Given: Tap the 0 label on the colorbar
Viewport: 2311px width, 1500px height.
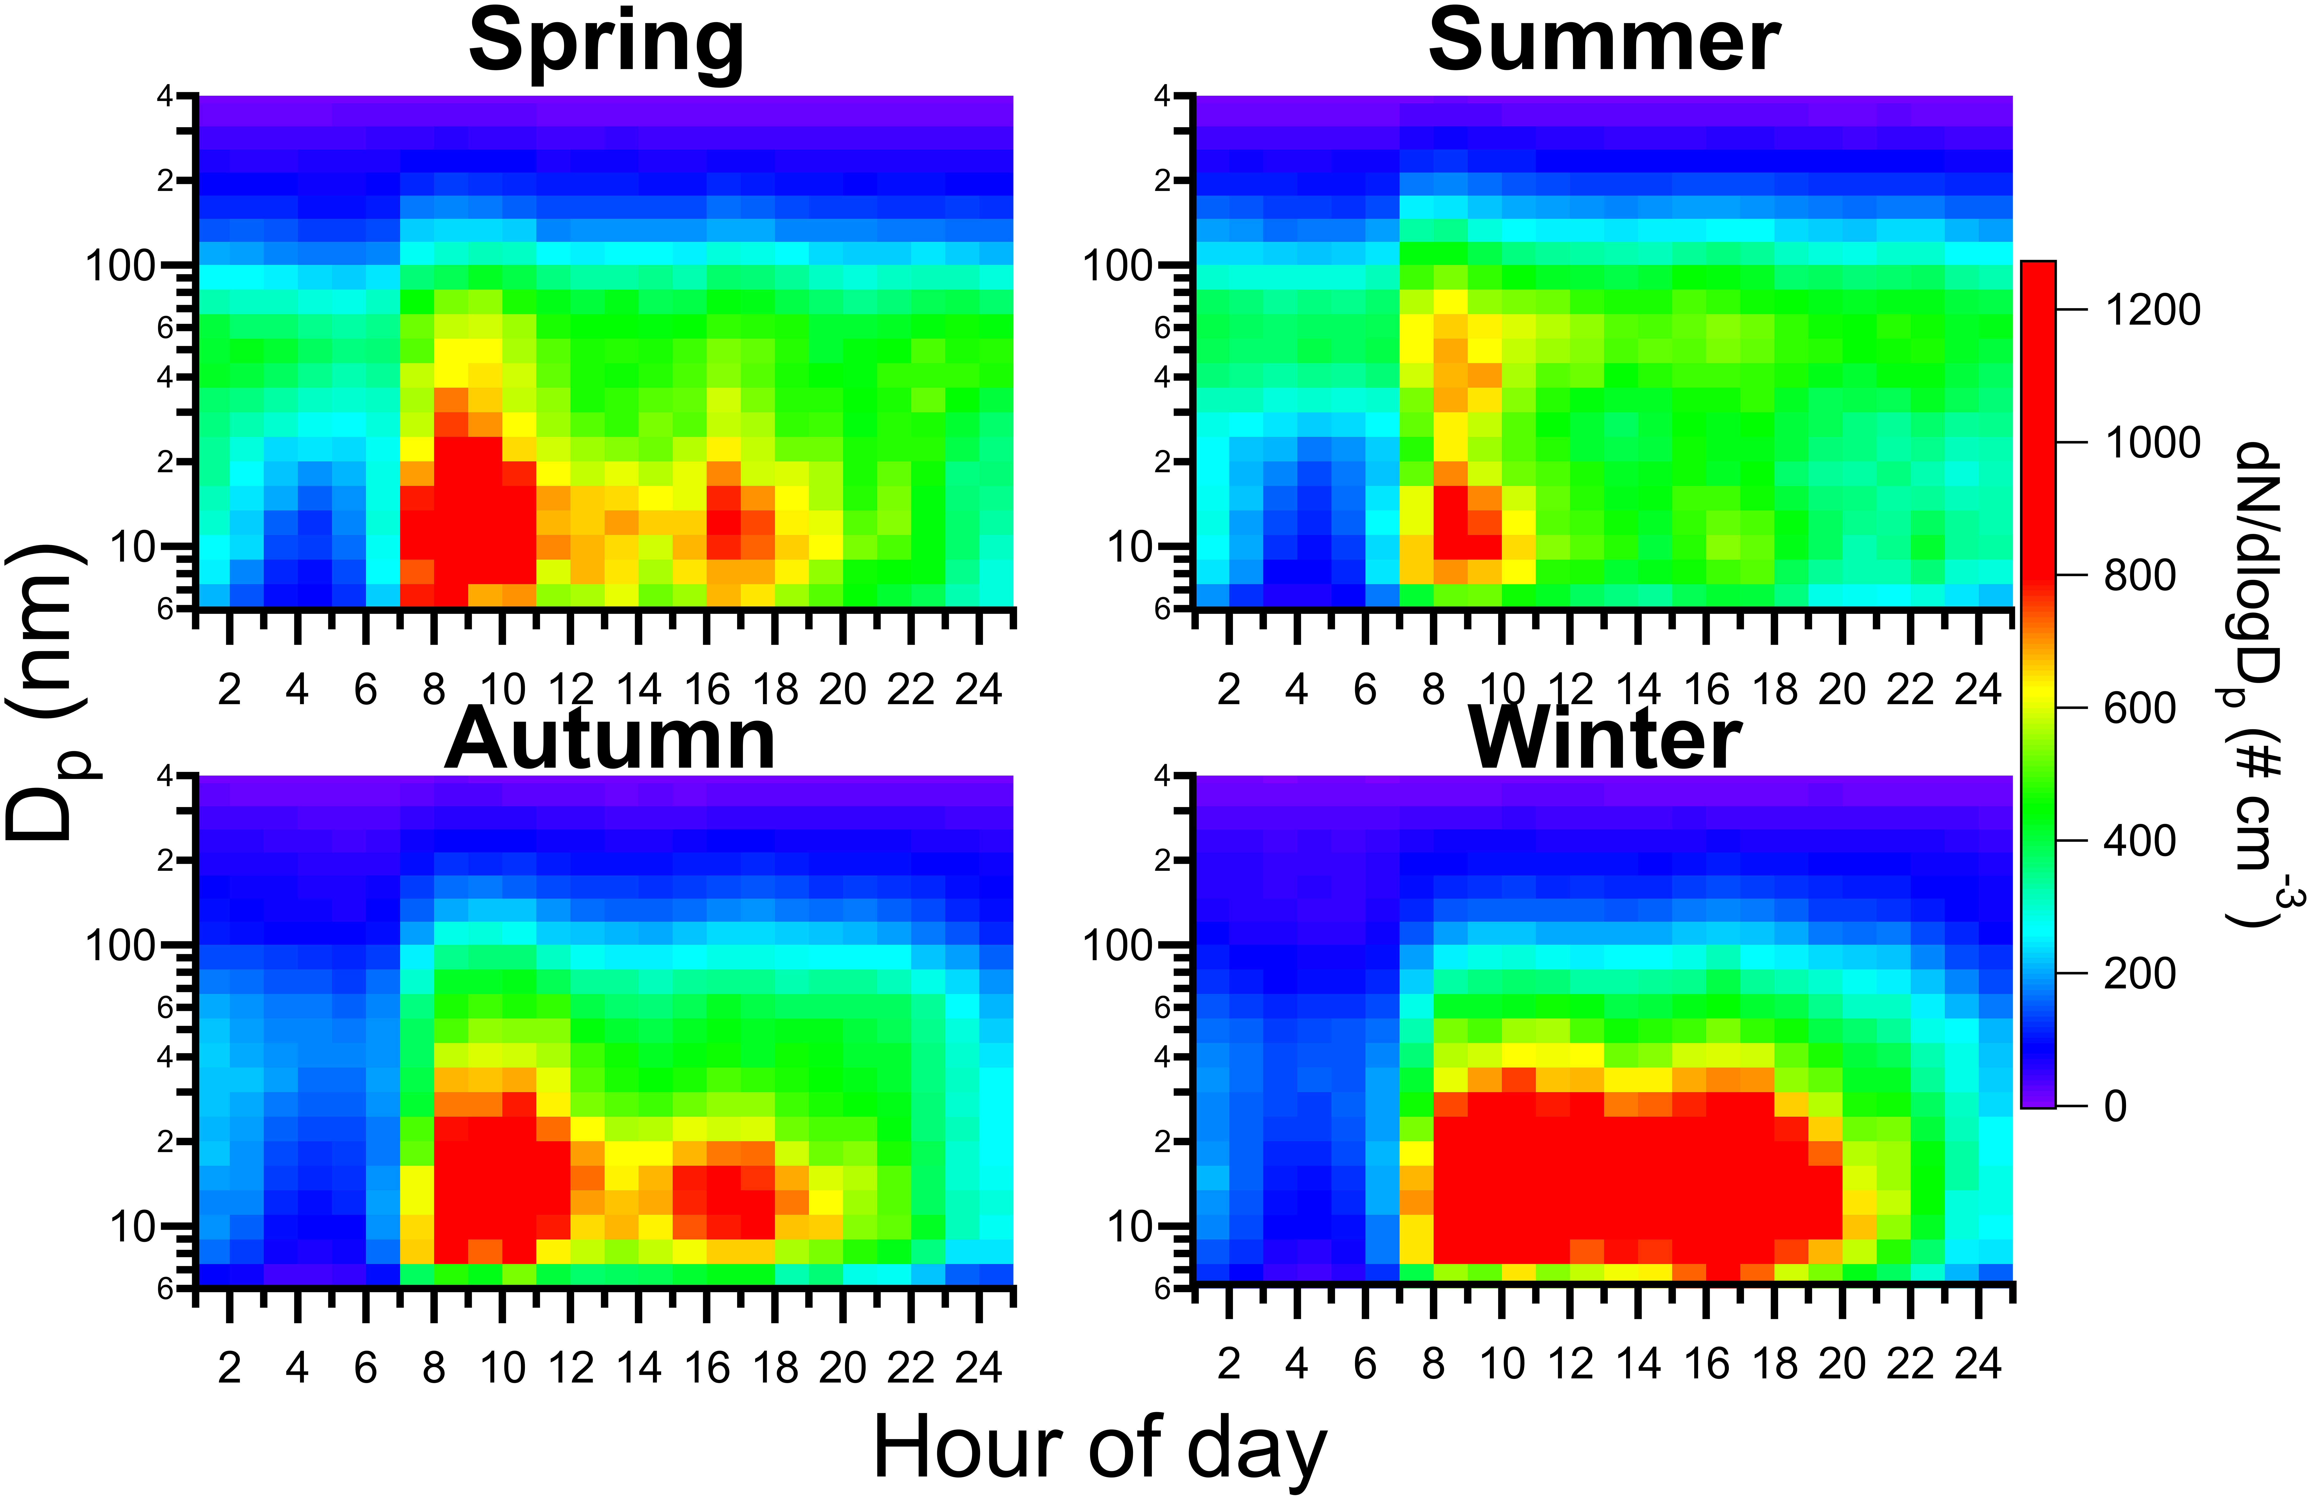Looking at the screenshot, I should [2115, 1106].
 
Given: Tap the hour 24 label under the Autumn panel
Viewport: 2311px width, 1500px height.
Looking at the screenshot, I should [978, 1367].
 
